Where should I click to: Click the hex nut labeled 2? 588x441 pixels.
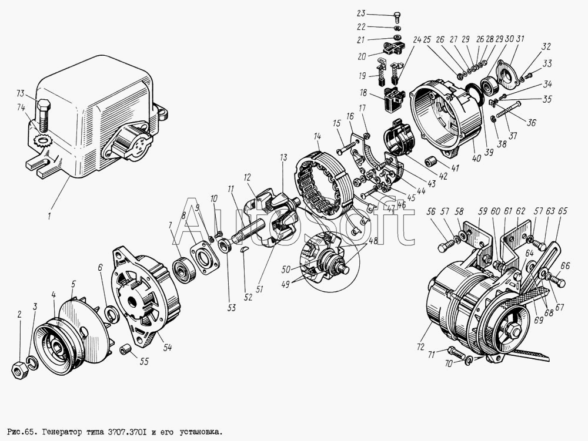click(18, 370)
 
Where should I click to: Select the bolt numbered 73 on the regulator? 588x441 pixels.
click(44, 114)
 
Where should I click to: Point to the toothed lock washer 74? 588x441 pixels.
click(42, 142)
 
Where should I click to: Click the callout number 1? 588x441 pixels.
click(49, 216)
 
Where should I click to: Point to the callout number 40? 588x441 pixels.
click(476, 158)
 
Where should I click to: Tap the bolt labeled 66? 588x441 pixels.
click(556, 280)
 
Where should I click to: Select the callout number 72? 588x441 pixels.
click(420, 346)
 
